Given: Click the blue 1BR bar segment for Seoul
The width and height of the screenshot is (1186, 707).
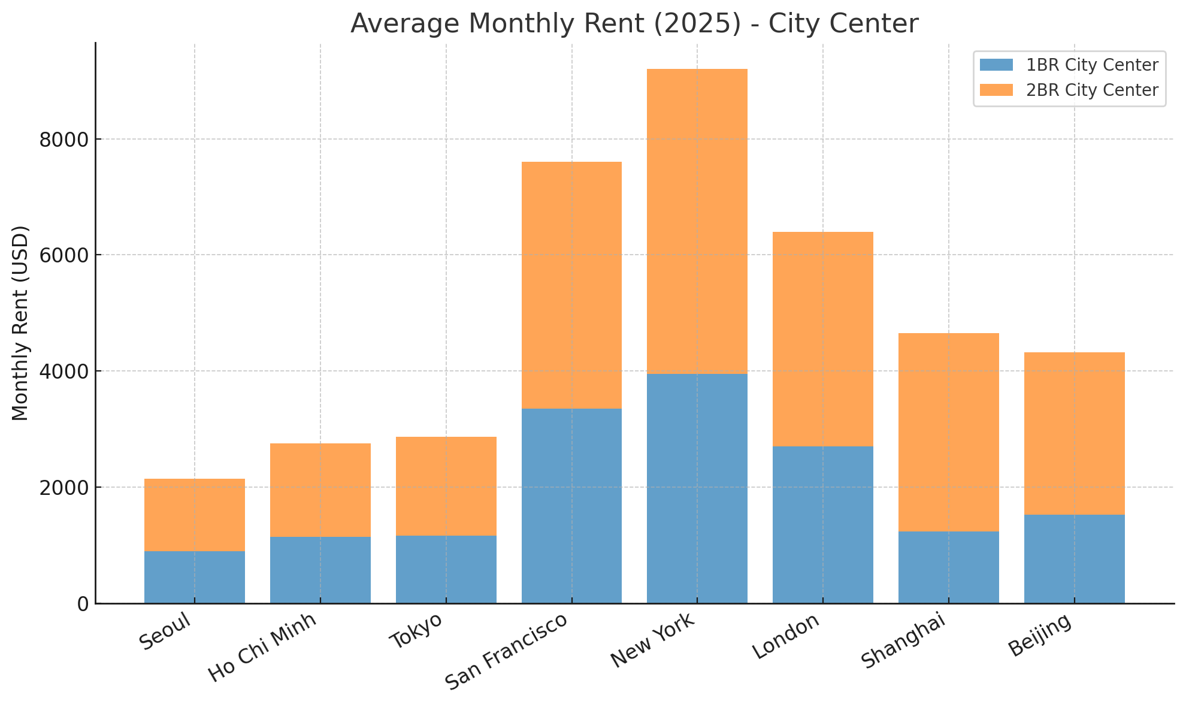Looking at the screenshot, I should tap(194, 576).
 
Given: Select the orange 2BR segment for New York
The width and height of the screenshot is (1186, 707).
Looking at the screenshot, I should tap(697, 222).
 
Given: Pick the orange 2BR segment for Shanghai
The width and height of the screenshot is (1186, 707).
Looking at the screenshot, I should tap(948, 432).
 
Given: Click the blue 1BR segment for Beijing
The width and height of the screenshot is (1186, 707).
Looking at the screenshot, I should tap(1074, 558).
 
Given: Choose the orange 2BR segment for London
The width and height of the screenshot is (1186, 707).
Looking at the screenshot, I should tap(822, 339).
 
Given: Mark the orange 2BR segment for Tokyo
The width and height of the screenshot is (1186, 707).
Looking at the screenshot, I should tap(446, 486).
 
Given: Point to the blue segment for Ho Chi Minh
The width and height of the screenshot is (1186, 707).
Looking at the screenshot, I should tap(320, 569).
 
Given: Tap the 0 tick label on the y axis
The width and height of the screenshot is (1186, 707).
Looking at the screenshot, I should tap(83, 604).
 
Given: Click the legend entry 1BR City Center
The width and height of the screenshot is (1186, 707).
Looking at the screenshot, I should tap(1092, 65).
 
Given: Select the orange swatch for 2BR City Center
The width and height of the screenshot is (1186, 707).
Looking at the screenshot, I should tap(996, 90).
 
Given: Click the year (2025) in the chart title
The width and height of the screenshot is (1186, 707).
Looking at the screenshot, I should tap(709, 24).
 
